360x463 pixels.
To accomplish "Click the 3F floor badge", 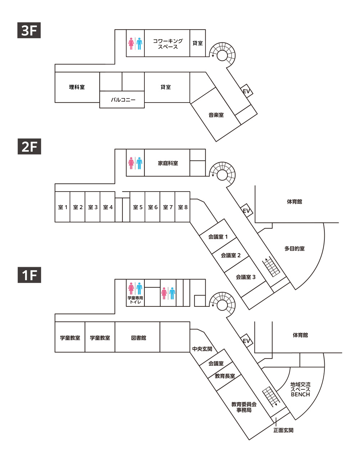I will tap(29, 30).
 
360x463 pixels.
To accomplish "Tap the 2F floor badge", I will tap(29, 147).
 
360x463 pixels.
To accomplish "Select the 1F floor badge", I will tap(29, 275).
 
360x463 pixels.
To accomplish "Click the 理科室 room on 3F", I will tap(77, 87).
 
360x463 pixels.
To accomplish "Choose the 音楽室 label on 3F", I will tap(216, 115).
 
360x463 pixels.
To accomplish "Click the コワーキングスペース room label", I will tap(168, 44).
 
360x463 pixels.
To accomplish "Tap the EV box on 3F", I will tap(247, 91).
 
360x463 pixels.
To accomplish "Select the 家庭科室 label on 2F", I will tap(168, 163).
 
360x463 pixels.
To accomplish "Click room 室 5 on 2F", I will tap(138, 207).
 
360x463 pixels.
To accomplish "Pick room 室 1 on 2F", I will tap(63, 207).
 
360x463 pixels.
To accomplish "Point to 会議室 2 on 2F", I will tap(231, 255).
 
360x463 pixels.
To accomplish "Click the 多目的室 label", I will tap(294, 248).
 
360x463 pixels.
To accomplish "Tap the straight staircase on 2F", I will tap(271, 266).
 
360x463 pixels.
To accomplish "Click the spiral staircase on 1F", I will tap(222, 305).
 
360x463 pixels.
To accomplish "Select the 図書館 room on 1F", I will tap(138, 338).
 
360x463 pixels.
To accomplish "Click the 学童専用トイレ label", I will tap(135, 300).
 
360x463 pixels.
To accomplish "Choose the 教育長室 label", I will tap(225, 376).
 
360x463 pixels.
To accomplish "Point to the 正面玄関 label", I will tap(283, 430).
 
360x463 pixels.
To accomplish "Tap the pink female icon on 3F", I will tap(131, 44).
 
